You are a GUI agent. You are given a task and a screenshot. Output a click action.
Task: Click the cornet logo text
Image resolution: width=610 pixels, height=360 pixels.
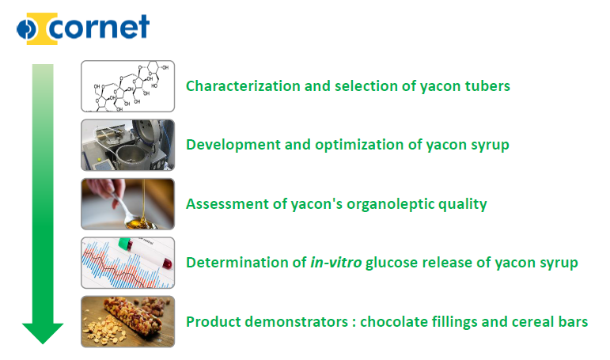coord(99,27)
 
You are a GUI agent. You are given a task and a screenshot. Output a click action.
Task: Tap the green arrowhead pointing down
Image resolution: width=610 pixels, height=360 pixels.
coord(43,333)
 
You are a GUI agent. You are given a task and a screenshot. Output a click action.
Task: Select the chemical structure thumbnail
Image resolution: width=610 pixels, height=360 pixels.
coord(127,86)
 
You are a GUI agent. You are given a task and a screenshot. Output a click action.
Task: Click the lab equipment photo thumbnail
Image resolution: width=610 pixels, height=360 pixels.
coord(127,145)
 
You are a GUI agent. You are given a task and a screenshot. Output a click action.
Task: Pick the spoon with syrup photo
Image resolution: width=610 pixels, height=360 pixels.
coord(127,204)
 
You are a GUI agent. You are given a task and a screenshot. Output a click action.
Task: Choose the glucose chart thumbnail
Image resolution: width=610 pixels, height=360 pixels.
coord(127,263)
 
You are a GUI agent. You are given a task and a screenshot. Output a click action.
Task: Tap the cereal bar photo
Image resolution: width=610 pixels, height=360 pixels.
coord(127,321)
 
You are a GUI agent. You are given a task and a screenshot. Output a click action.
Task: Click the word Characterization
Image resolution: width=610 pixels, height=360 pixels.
coord(243,86)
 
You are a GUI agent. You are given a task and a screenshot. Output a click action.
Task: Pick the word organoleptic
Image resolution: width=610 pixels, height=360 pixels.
coord(390,205)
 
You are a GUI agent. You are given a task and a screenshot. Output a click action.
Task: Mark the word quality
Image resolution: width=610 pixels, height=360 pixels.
coord(463,205)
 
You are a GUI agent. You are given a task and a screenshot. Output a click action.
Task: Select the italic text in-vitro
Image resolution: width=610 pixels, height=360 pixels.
coord(336,263)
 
